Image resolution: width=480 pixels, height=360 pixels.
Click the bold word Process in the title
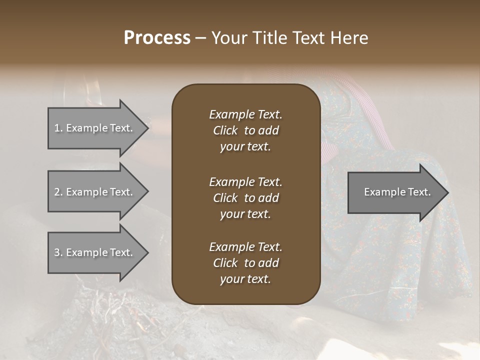(x=157, y=38)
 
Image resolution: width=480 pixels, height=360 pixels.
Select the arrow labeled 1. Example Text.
(x=95, y=128)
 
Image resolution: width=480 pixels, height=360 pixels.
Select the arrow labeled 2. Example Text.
(x=95, y=192)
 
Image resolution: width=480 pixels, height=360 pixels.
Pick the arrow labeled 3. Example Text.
(x=95, y=252)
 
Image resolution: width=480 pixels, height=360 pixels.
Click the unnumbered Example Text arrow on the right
(x=395, y=192)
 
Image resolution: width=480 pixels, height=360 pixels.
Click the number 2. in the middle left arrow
(x=58, y=192)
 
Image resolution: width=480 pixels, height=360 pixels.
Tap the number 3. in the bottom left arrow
(x=58, y=252)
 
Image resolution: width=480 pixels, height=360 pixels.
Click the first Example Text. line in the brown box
(x=245, y=114)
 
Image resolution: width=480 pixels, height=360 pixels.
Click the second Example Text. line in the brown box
(x=245, y=182)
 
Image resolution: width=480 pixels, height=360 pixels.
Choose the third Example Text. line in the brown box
(x=245, y=247)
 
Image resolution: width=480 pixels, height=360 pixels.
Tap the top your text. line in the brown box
(x=245, y=147)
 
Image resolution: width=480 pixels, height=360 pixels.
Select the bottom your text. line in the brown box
(x=245, y=279)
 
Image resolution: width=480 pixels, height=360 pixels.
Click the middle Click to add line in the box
(x=245, y=198)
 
